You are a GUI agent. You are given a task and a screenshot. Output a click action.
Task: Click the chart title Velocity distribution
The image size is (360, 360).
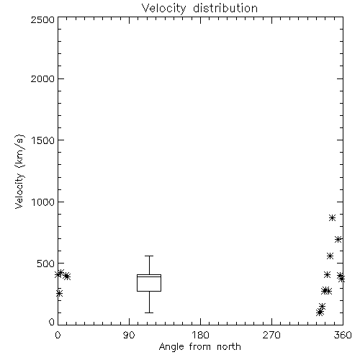pyautogui.click(x=199, y=8)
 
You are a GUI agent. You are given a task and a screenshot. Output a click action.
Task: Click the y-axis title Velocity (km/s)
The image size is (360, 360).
pyautogui.click(x=19, y=171)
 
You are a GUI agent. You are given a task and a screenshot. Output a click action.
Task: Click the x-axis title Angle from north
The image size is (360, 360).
pyautogui.click(x=199, y=346)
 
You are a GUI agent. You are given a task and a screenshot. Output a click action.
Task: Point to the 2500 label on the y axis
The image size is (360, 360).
pyautogui.click(x=42, y=19)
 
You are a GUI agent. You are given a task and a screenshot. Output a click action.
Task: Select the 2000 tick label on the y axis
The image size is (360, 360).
pyautogui.click(x=42, y=79)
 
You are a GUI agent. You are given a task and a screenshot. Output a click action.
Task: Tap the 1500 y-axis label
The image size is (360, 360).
pyautogui.click(x=43, y=140)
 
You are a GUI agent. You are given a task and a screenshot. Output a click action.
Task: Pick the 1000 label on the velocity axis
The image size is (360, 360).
pyautogui.click(x=43, y=202)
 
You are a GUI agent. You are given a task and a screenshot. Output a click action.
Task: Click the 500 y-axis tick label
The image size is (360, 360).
pyautogui.click(x=46, y=264)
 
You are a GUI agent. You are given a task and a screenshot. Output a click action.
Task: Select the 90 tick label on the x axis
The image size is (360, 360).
pyautogui.click(x=129, y=335)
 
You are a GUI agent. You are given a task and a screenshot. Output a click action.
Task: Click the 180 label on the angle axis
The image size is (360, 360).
pyautogui.click(x=200, y=335)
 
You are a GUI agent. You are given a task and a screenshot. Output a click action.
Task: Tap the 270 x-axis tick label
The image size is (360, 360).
pyautogui.click(x=271, y=335)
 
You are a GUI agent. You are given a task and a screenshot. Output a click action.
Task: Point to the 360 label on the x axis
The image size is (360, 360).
pyautogui.click(x=343, y=335)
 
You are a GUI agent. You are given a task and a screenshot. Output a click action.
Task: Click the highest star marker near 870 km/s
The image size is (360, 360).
pyautogui.click(x=332, y=218)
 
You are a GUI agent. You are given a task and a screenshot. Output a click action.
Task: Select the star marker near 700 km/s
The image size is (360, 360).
pyautogui.click(x=338, y=239)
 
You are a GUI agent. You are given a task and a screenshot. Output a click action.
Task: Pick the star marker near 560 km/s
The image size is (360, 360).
pyautogui.click(x=330, y=256)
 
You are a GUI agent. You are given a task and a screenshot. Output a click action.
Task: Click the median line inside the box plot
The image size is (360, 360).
pyautogui.click(x=149, y=276)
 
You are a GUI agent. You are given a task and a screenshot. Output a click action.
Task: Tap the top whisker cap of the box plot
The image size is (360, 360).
pyautogui.click(x=149, y=256)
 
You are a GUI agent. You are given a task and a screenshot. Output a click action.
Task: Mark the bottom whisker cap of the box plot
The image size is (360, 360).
pyautogui.click(x=149, y=312)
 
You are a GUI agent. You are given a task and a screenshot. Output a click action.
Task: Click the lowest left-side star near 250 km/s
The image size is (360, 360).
pyautogui.click(x=59, y=293)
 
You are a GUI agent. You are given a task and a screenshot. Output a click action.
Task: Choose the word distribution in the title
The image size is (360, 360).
pyautogui.click(x=225, y=8)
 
